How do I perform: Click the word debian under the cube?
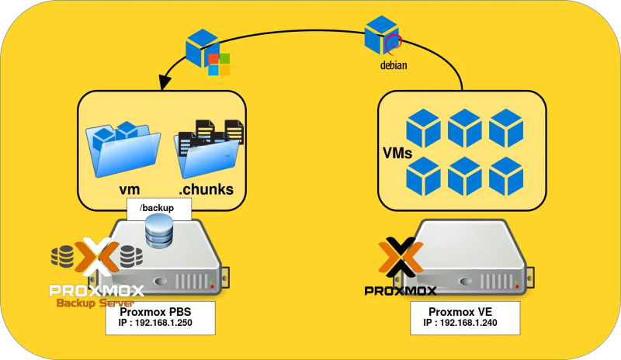click(393, 65)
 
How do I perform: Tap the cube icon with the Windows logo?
click(207, 51)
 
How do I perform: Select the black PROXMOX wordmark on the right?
click(401, 291)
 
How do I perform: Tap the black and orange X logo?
click(401, 259)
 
